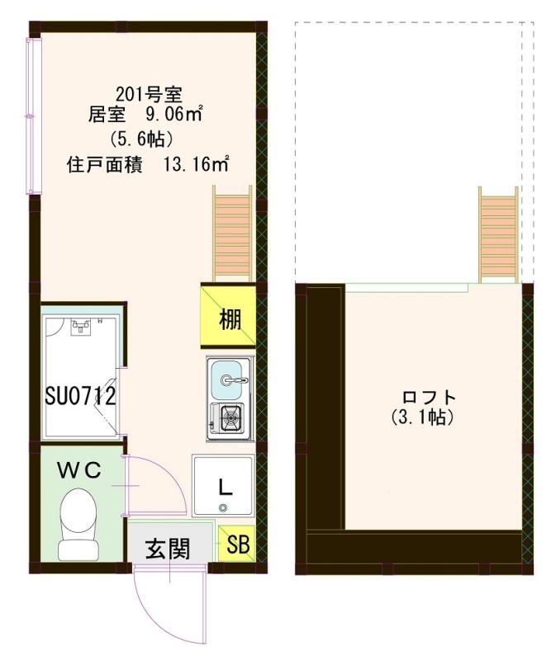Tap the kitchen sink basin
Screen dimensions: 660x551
pyautogui.click(x=228, y=380)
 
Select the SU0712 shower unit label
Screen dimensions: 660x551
pyautogui.click(x=79, y=396)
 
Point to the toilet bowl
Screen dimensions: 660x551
pyautogui.click(x=79, y=511)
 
